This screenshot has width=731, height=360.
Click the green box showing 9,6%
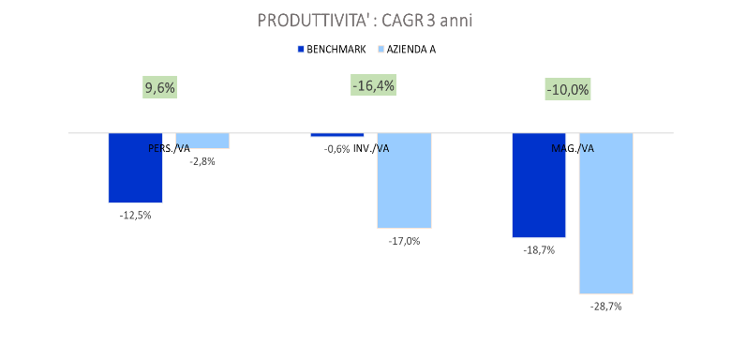[x=159, y=88]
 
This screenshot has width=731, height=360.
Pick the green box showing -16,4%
[x=373, y=86]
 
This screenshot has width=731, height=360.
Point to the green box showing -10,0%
[x=568, y=90]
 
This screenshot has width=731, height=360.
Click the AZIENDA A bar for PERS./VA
[x=202, y=141]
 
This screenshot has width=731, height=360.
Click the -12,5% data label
[x=135, y=215]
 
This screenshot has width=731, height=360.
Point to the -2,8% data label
[x=202, y=161]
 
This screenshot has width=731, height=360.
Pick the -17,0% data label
[x=404, y=241]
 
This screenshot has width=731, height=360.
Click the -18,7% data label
[x=539, y=250]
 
